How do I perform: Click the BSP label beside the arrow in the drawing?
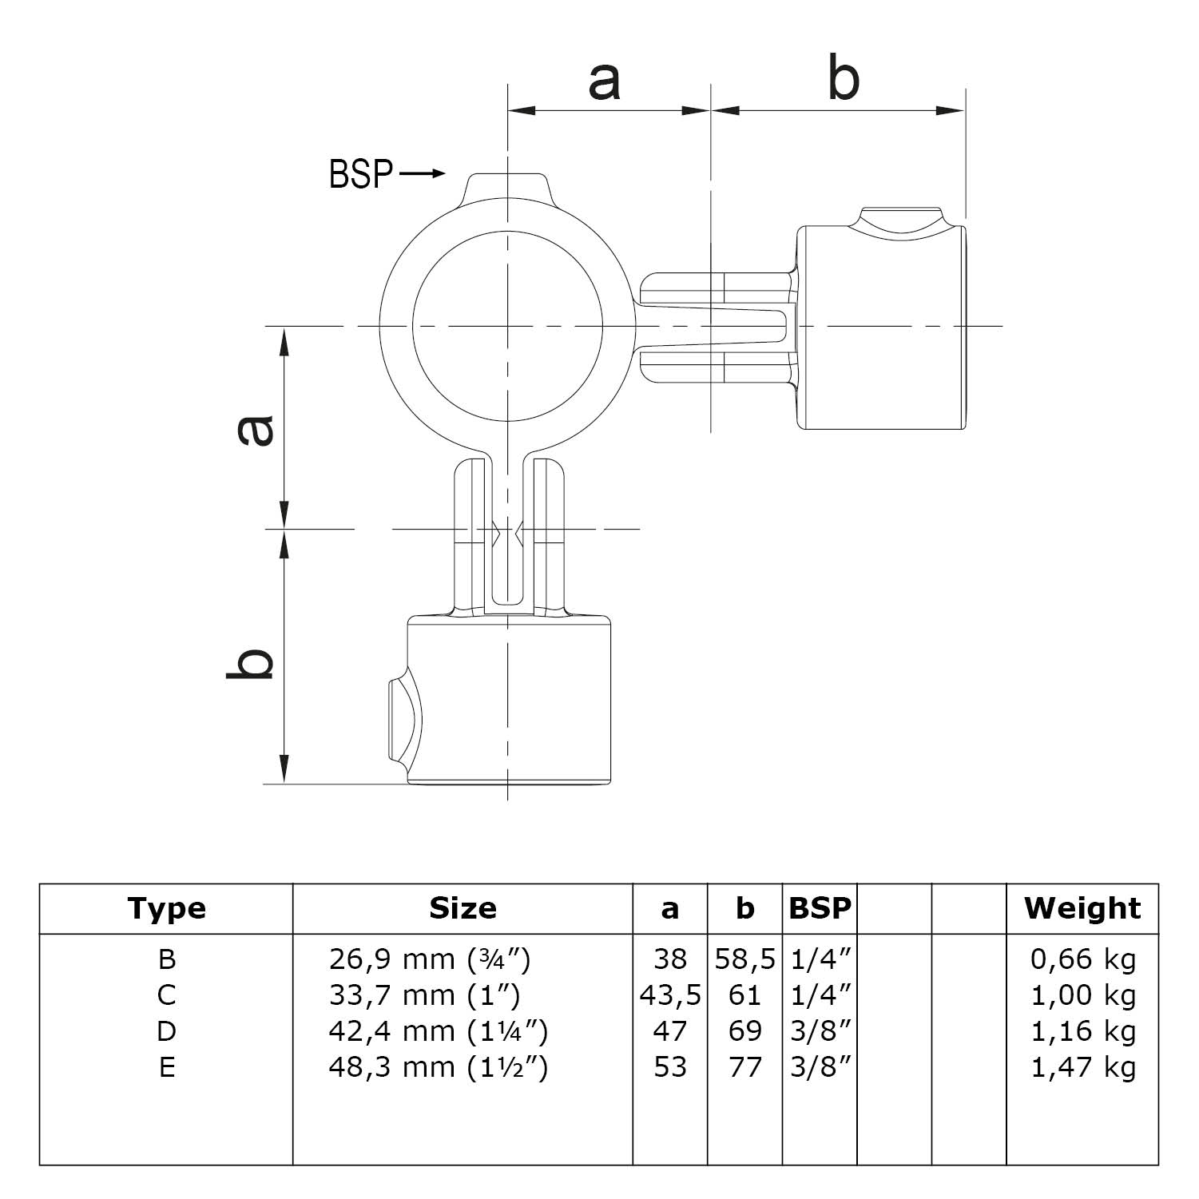tap(361, 174)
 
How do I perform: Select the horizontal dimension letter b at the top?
tap(844, 79)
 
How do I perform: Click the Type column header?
tap(166, 908)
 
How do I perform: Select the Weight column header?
tap(1082, 908)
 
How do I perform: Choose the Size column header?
tap(463, 908)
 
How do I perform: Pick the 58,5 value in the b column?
tap(744, 959)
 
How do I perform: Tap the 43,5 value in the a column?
tap(670, 995)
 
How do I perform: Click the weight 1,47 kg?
tap(1082, 1067)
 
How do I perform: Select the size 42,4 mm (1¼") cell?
tap(438, 1031)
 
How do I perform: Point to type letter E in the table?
tap(166, 1067)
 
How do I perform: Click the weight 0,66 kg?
tap(1082, 959)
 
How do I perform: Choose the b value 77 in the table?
tap(744, 1067)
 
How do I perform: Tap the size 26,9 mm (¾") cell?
tap(429, 959)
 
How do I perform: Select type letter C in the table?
tap(166, 995)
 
